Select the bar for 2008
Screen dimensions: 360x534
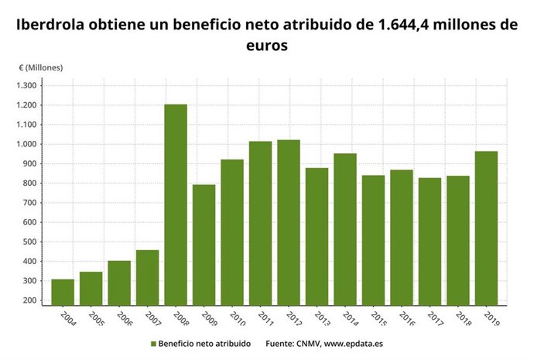click(176, 204)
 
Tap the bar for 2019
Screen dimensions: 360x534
click(486, 228)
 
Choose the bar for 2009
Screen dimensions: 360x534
click(204, 245)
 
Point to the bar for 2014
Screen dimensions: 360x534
click(345, 229)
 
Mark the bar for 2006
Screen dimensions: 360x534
click(119, 283)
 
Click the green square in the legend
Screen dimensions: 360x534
click(154, 342)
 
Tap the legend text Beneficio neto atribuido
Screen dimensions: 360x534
click(204, 342)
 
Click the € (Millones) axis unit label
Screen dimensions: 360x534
click(41, 67)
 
